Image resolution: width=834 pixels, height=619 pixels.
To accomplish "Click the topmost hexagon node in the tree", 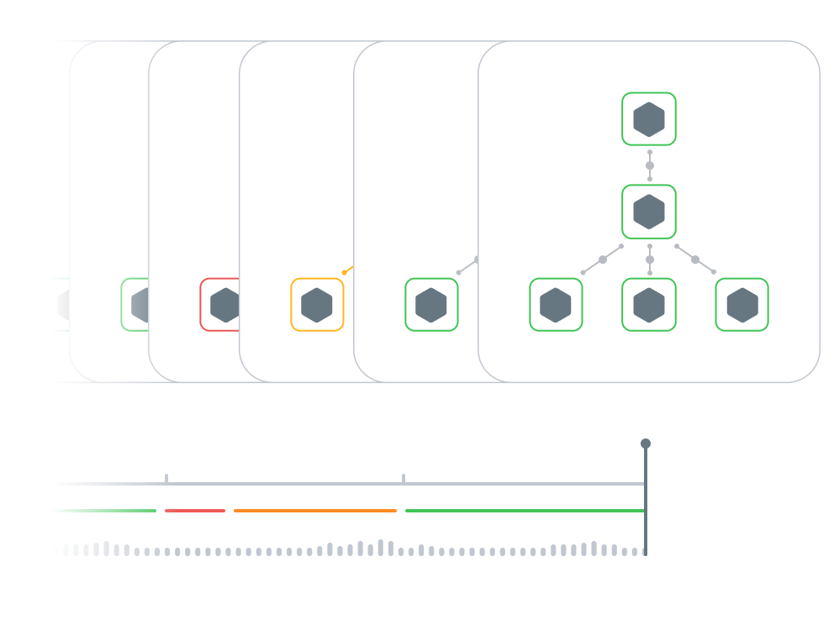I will coord(649,119).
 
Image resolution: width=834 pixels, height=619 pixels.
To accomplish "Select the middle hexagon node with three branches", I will coord(649,212).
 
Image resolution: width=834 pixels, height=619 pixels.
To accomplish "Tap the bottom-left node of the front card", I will coord(556,305).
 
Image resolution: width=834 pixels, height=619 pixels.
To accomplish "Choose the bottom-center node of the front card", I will coord(649,305).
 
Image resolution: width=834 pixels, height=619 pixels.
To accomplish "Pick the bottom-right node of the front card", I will coord(742,305).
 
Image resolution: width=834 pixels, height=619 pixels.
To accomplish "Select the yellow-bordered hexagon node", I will coord(317,305).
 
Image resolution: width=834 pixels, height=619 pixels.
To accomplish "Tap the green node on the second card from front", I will coord(431,305).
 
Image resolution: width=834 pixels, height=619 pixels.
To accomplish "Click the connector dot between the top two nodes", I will coord(650,165).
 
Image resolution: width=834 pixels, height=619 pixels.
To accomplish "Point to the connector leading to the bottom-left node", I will coord(603,260).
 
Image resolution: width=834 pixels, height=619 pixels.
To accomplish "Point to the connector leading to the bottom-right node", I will coord(695,260).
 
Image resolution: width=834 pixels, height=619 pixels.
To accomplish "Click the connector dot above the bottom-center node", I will coord(650,260).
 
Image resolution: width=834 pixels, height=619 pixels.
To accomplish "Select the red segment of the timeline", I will coord(195,511).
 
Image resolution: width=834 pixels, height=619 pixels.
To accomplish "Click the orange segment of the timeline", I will coord(315,511).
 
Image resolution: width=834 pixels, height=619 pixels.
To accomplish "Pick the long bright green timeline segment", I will coord(524,511).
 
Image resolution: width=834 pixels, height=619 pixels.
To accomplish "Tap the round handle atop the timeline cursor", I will coord(645,443).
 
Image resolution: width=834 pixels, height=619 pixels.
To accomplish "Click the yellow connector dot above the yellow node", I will coord(345,272).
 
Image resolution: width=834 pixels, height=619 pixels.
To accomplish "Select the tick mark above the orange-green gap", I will coord(404,478).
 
